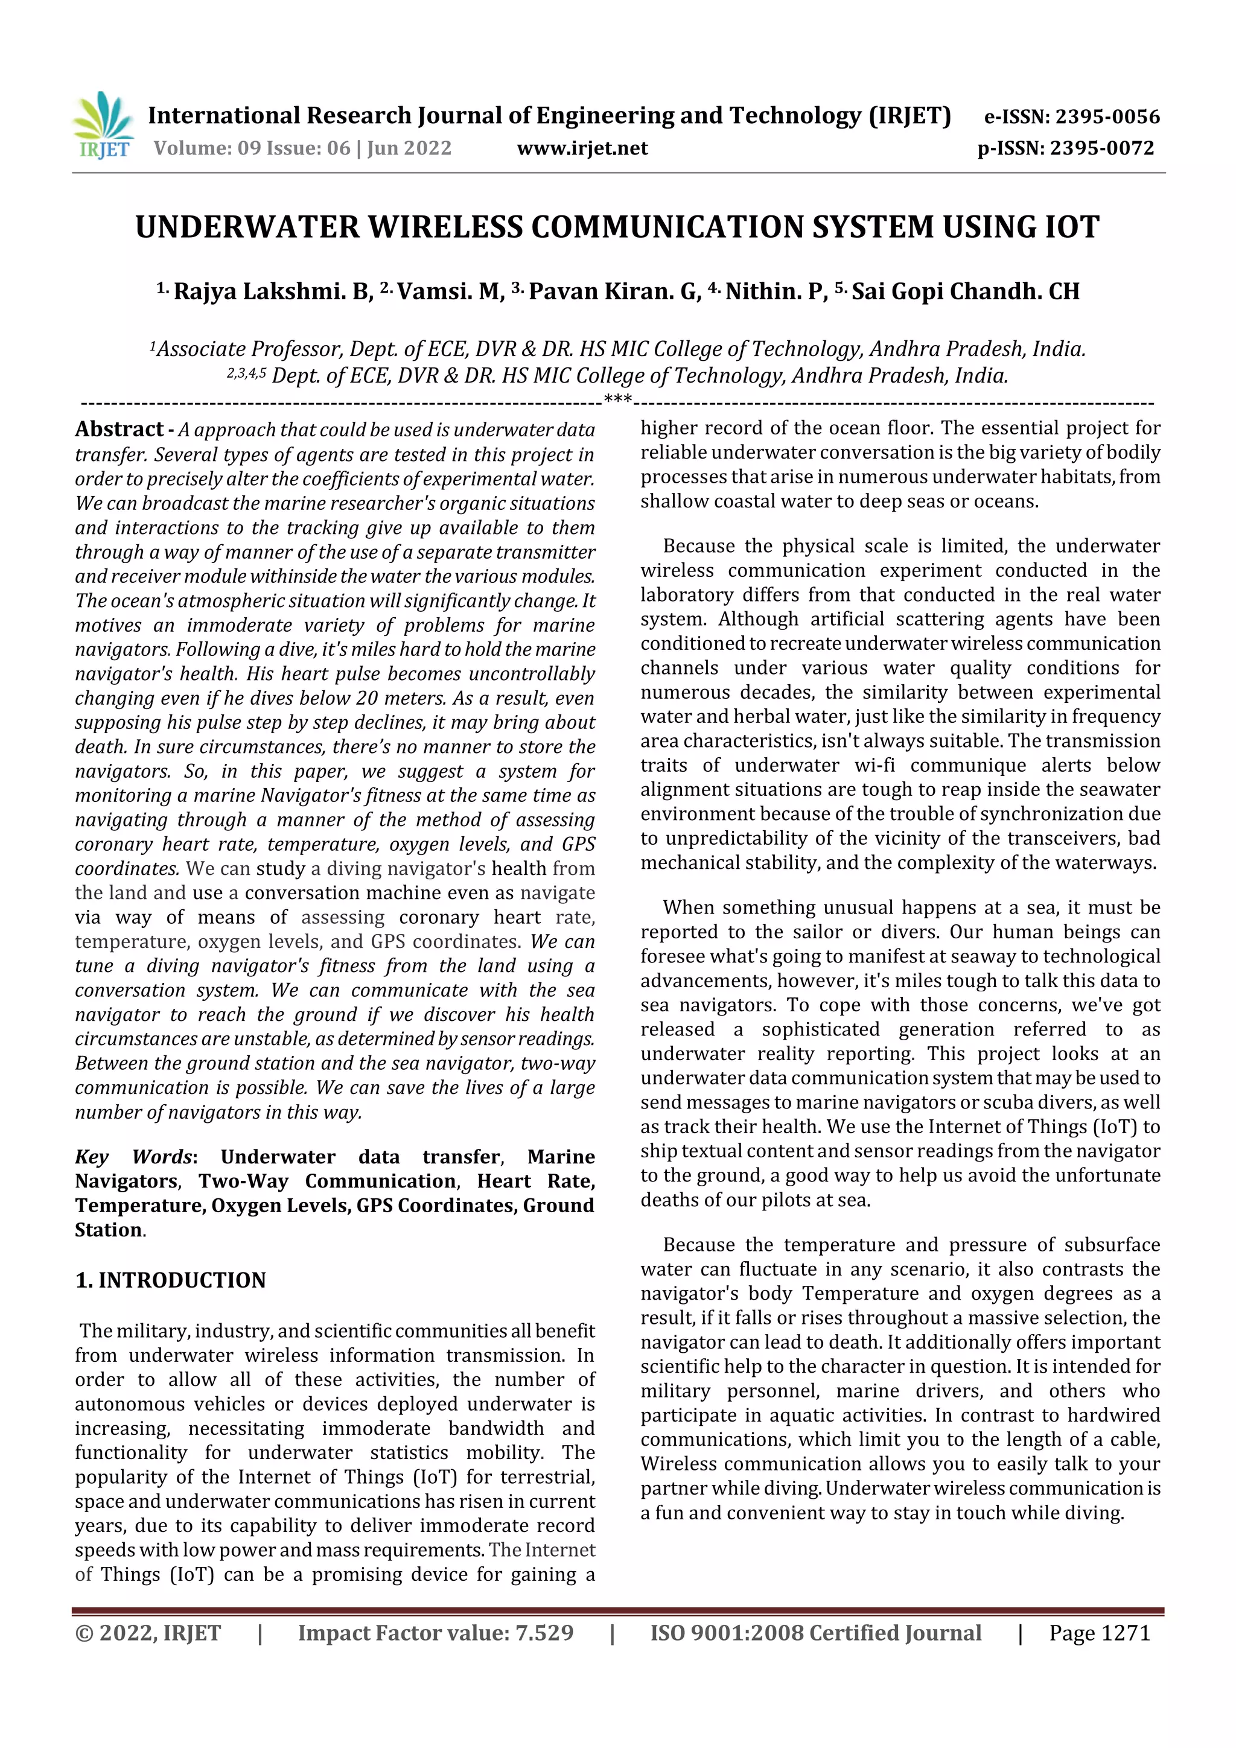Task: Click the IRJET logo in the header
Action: (x=104, y=125)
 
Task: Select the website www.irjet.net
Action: (x=582, y=148)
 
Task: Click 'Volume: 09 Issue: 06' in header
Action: (x=251, y=148)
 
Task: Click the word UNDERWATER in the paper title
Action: (x=247, y=227)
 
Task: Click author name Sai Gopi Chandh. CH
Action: (x=965, y=291)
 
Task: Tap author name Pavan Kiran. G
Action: (x=614, y=291)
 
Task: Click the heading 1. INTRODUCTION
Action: (x=171, y=1280)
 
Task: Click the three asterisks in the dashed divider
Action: (x=617, y=399)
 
